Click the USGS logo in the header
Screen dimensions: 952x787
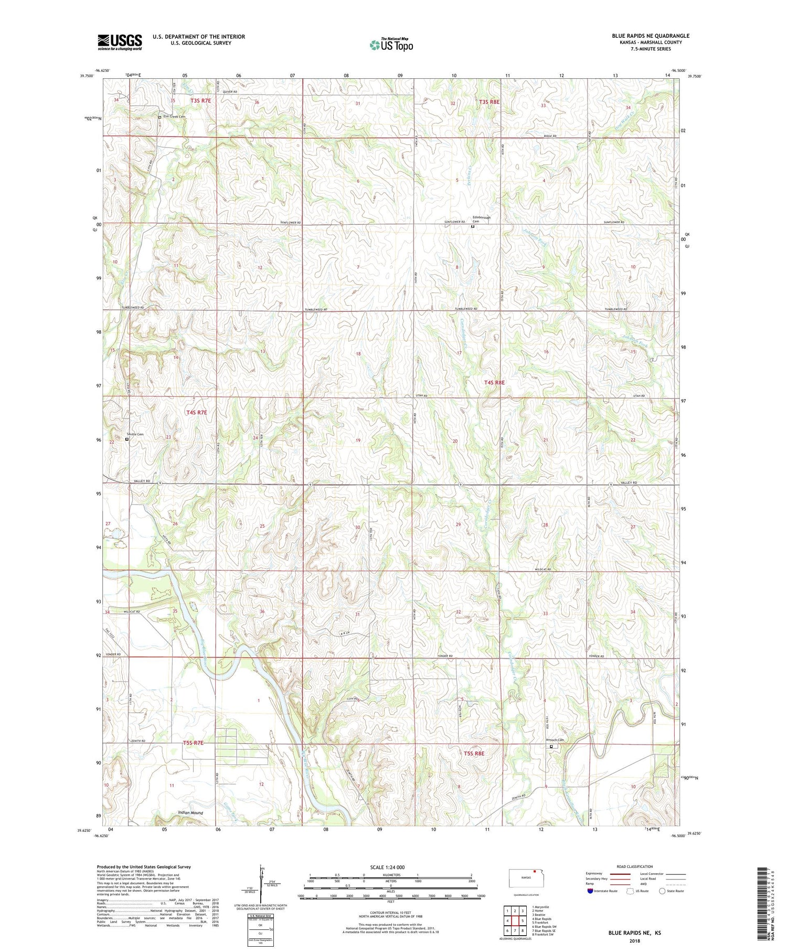tap(120, 42)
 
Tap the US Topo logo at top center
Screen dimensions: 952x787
tap(391, 45)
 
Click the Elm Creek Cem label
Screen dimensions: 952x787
tap(175, 117)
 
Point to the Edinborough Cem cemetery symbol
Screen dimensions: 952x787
tap(472, 227)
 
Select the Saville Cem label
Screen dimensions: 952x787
tap(135, 434)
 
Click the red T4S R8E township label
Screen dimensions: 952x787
tap(494, 383)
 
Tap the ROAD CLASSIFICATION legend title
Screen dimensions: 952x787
tap(635, 866)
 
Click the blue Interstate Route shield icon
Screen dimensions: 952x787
tap(591, 891)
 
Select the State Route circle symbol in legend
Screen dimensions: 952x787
tap(662, 891)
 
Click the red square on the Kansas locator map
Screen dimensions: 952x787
tap(534, 875)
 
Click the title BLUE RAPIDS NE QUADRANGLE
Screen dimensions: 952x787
tap(651, 36)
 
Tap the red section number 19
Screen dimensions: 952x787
tap(358, 441)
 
